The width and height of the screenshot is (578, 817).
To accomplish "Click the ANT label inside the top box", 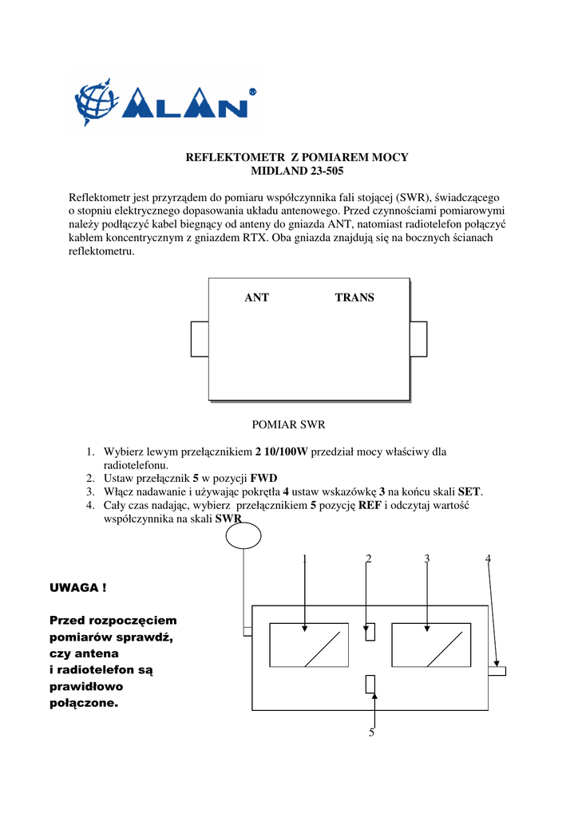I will (256, 298).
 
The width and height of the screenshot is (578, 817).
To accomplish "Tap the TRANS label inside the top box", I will (354, 298).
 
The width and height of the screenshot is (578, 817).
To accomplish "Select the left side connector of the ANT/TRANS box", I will (200, 339).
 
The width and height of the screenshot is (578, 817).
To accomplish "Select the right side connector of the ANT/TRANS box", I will (418, 339).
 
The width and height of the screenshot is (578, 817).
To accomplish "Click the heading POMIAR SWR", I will (289, 424).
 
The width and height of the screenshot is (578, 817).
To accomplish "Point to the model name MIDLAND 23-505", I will (297, 171).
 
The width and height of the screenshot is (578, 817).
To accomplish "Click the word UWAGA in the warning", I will (73, 588).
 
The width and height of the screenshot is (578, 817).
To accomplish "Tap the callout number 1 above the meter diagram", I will (305, 559).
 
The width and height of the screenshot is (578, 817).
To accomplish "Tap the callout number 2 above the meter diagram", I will (368, 559).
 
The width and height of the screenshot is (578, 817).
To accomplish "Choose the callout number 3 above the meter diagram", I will (427, 559).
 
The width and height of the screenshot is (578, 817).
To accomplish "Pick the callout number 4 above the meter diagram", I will (488, 559).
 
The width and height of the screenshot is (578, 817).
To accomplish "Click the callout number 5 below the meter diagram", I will (371, 732).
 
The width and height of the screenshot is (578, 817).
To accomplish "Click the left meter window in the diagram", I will (309, 645).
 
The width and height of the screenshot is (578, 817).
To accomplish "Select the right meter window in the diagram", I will (430, 645).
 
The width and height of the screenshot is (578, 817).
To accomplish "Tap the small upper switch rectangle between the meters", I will (370, 632).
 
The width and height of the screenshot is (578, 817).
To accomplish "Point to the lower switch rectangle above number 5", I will (370, 684).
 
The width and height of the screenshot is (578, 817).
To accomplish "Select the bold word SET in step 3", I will (469, 492).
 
